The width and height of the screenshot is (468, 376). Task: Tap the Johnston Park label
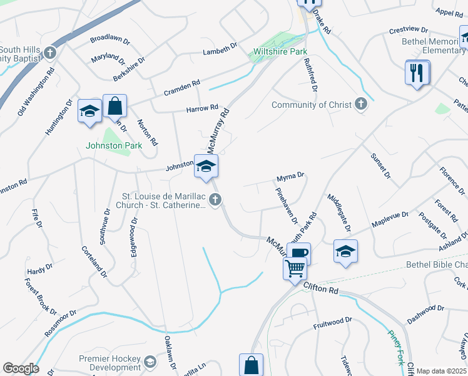(x=114, y=145)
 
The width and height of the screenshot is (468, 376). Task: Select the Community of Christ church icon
(x=360, y=104)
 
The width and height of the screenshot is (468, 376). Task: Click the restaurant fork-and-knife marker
(x=417, y=73)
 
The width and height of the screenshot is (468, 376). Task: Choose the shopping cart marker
(x=295, y=269)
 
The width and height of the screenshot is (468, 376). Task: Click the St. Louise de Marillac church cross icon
(x=215, y=200)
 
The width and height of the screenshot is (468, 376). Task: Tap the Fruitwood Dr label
(x=332, y=322)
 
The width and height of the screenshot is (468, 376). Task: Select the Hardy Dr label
(x=39, y=269)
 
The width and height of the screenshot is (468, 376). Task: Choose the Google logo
(x=21, y=368)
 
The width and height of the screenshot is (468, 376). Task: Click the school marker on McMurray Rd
(x=206, y=166)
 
